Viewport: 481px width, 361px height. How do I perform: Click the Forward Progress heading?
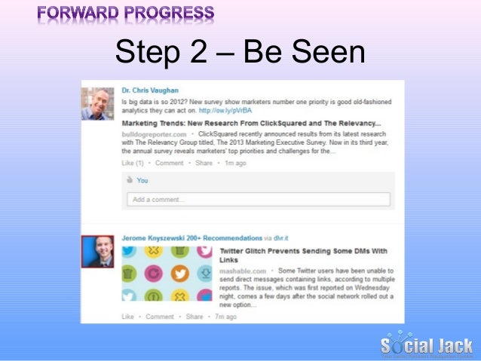pos(124,14)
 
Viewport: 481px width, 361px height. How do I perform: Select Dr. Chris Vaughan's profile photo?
pos(98,104)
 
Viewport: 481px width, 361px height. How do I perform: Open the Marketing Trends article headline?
pos(252,123)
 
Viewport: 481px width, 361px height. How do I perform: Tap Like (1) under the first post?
pos(133,162)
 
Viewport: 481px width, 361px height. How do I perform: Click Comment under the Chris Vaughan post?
pos(169,162)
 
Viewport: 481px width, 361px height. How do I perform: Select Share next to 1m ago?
pos(204,162)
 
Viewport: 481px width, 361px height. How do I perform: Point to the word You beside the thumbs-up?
pos(142,181)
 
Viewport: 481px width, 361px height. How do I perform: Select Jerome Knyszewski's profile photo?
pos(97,252)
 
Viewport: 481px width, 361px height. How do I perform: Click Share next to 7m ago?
pos(194,317)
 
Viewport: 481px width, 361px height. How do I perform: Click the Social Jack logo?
pos(426,344)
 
